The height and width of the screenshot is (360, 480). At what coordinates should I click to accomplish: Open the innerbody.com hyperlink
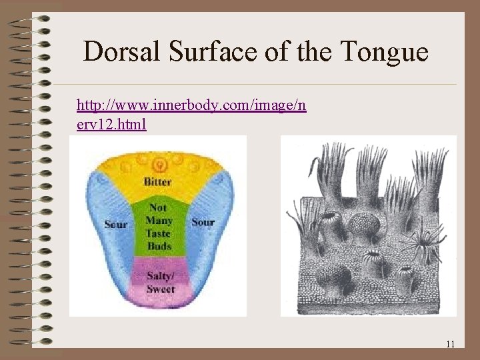click(x=191, y=105)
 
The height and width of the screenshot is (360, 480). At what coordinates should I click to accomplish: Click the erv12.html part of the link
click(x=111, y=124)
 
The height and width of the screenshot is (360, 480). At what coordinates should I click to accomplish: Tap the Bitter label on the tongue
click(x=158, y=182)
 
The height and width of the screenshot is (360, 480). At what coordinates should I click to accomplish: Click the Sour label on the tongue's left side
click(x=115, y=224)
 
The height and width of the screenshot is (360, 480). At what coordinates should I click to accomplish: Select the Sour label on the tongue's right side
click(x=203, y=222)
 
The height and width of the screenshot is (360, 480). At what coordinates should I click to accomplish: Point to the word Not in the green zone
click(x=159, y=207)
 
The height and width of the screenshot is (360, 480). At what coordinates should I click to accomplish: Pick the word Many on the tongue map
click(x=159, y=221)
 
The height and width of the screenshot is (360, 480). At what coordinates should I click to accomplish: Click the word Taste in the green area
click(x=159, y=233)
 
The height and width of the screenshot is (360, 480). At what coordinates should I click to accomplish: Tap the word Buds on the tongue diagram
click(x=159, y=246)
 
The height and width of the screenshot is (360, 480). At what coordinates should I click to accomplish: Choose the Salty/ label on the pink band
click(x=161, y=277)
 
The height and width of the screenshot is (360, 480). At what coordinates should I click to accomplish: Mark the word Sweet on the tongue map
click(x=160, y=289)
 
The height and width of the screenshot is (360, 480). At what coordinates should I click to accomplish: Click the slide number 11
click(x=450, y=344)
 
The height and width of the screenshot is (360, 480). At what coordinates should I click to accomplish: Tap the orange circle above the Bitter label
click(x=159, y=164)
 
